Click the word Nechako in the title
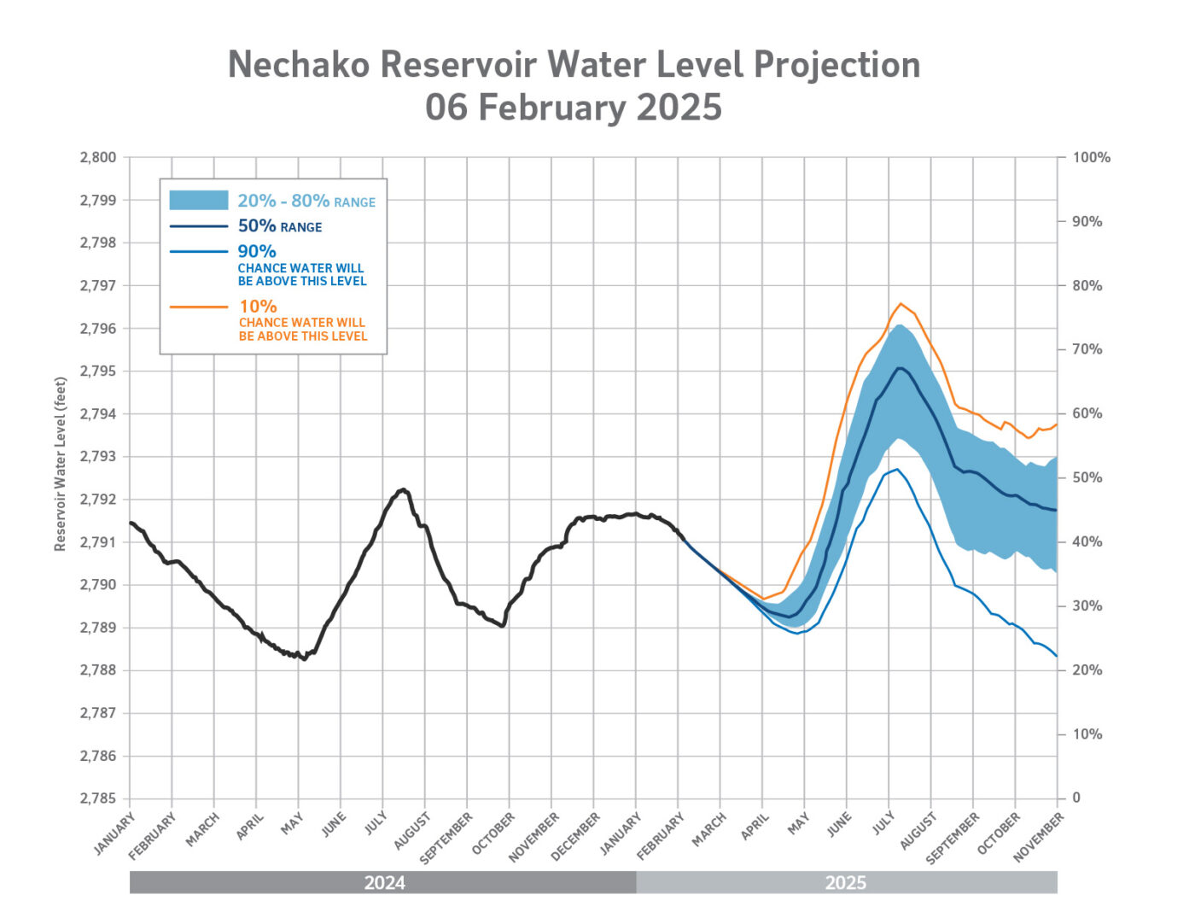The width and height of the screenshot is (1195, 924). [x=298, y=65]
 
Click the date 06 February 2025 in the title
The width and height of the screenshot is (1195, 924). [x=574, y=108]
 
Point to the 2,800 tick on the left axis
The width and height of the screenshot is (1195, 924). [x=98, y=158]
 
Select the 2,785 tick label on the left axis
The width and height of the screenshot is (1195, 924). [x=98, y=798]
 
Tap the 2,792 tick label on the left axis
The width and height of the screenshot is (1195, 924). [x=98, y=500]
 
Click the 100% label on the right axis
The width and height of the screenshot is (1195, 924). [x=1092, y=158]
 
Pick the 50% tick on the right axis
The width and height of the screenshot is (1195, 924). [x=1087, y=478]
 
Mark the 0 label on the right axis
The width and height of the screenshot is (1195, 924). [x=1076, y=798]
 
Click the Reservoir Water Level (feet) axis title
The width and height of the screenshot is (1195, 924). [x=61, y=464]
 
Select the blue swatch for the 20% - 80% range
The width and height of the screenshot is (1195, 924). [x=199, y=201]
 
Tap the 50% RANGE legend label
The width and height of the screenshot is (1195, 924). [x=280, y=226]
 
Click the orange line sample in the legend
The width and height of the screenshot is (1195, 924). [x=199, y=307]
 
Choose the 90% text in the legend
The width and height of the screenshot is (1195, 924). [x=257, y=252]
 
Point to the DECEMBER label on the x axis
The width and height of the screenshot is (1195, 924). [x=576, y=835]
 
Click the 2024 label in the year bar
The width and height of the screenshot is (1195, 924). [x=384, y=883]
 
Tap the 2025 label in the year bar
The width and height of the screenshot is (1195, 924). [x=846, y=883]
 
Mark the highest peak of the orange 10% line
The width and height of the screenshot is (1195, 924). [x=901, y=303]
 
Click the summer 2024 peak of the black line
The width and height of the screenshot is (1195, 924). [x=403, y=489]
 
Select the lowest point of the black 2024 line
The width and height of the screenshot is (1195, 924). [x=305, y=659]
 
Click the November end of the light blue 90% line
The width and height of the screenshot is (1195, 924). [x=1057, y=656]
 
